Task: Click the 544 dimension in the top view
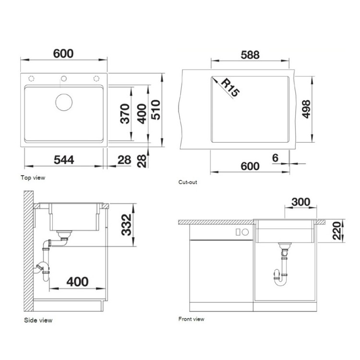64,160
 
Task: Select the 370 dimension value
125,114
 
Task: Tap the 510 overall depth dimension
156,110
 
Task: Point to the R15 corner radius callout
230,87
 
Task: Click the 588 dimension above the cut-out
250,55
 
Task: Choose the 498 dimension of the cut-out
306,109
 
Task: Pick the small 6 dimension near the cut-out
275,158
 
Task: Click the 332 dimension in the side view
126,225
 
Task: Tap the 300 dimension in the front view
301,202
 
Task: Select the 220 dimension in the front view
337,231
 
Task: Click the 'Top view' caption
33,178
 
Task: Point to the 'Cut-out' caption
188,182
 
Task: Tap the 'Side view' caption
38,320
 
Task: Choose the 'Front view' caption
191,319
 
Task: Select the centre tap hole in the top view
63,79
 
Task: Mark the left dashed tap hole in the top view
31,79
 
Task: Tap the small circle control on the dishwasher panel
245,232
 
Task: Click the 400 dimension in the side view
77,282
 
